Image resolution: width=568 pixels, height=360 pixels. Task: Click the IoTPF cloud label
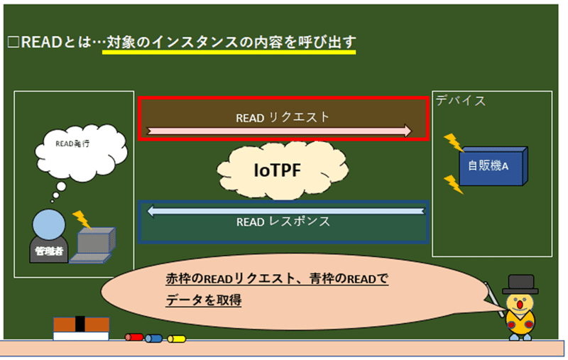[x=277, y=170]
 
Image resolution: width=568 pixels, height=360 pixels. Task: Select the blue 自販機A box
[x=493, y=166]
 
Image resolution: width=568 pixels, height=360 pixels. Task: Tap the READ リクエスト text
[x=283, y=117]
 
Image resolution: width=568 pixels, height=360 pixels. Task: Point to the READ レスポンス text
[x=283, y=222]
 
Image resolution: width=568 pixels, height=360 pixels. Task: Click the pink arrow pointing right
[x=279, y=131]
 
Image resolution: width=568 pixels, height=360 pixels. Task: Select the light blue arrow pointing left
[x=285, y=211]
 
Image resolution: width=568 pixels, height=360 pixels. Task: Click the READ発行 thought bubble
[x=81, y=153]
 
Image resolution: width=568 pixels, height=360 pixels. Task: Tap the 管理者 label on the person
[x=49, y=251]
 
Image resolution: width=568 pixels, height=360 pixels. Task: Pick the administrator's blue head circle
[x=49, y=224]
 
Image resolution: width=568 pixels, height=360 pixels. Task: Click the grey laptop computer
[x=93, y=245]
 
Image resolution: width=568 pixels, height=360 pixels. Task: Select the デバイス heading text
[x=460, y=100]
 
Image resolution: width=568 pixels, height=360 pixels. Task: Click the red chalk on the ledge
[x=134, y=337]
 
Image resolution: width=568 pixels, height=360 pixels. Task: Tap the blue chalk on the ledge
[x=153, y=339]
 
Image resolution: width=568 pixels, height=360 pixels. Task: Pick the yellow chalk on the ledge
[x=176, y=339]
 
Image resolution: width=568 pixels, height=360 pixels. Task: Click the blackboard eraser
[x=81, y=329]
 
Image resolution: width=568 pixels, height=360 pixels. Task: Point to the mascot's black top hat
[x=520, y=285]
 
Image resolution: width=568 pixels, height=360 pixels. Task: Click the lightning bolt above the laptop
[x=82, y=219]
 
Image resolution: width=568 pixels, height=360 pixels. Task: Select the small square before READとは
[x=13, y=43]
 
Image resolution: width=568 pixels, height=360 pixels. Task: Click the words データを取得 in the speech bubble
[x=204, y=300]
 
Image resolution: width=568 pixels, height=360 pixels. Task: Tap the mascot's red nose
[x=520, y=305]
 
